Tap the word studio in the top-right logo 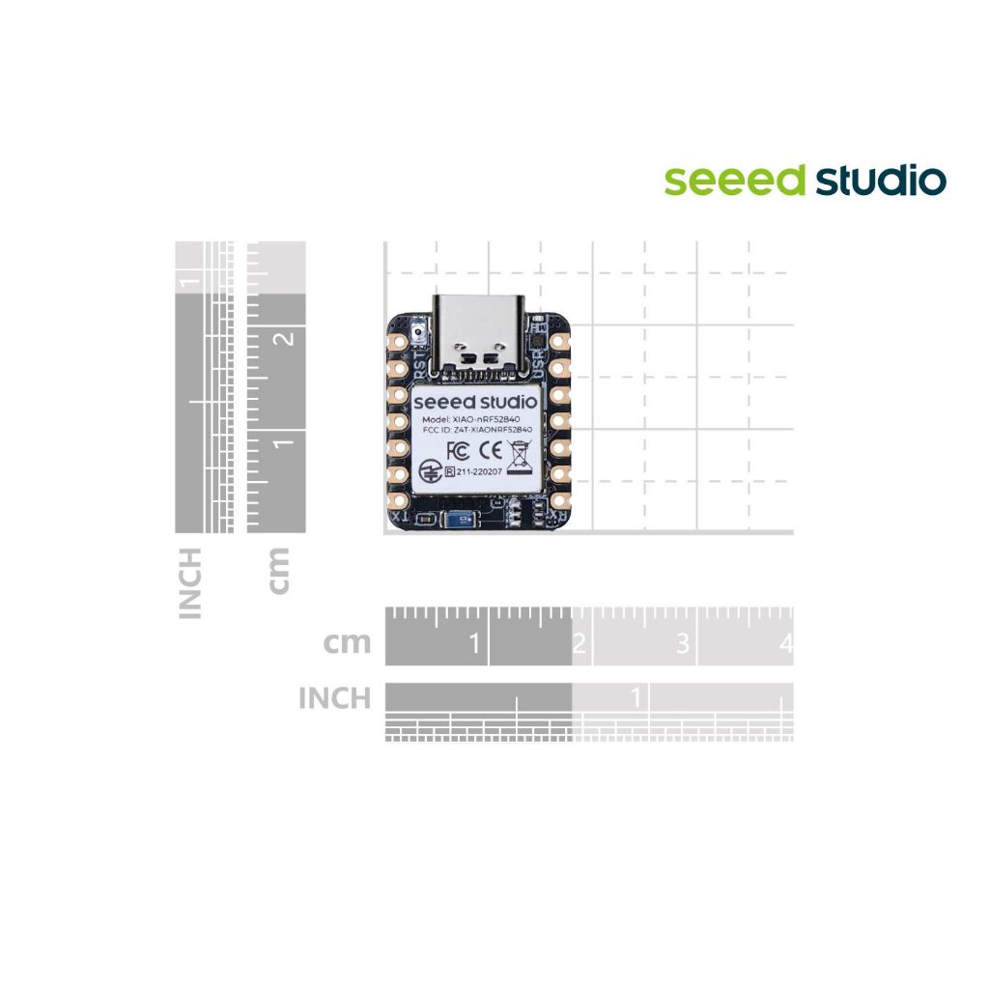pos(880,180)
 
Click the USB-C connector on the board pos(480,333)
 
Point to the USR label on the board pos(539,366)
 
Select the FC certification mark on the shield pos(459,450)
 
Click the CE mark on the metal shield pos(490,450)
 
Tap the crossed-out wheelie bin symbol pos(522,452)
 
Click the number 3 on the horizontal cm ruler pos(683,643)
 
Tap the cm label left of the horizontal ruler pos(347,642)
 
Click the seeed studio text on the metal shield pos(476,400)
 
